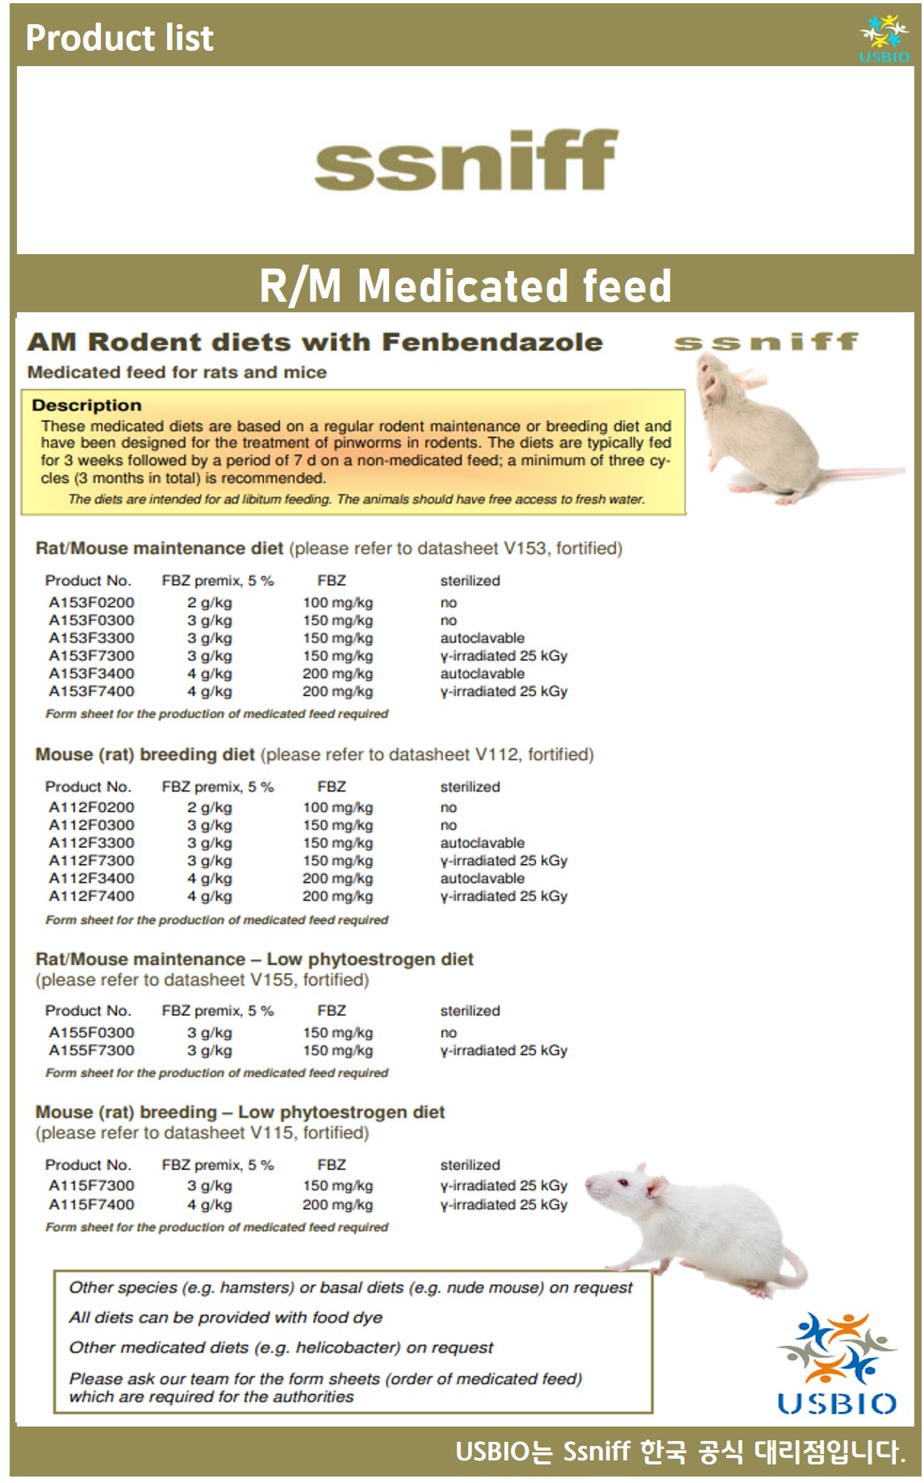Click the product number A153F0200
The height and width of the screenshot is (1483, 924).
(x=91, y=603)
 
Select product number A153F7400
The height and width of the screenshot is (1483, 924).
(x=91, y=691)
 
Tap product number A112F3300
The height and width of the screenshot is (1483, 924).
(x=91, y=843)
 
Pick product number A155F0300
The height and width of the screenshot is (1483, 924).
(x=91, y=1033)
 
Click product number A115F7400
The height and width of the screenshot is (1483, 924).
(x=91, y=1205)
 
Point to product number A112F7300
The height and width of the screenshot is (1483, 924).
(x=91, y=861)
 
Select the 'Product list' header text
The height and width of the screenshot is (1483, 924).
(x=119, y=38)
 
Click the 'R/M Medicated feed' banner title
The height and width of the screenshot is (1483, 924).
(x=465, y=286)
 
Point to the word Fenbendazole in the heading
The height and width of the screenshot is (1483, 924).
(x=491, y=342)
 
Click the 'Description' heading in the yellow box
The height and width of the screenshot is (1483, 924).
(x=86, y=405)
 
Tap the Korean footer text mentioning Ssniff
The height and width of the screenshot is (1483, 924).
(x=679, y=1452)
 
